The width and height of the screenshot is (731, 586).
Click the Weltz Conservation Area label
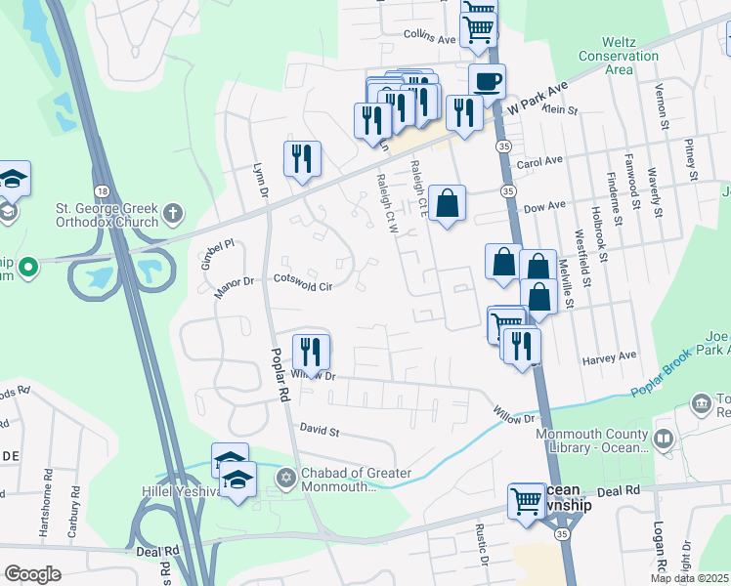coord(632,56)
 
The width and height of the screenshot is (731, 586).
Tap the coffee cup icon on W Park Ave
coord(486,80)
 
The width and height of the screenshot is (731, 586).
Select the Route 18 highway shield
coord(101,189)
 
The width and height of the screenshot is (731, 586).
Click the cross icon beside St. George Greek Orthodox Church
coord(172,212)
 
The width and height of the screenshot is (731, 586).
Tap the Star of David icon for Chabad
coord(286,478)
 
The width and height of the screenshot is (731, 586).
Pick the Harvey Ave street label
coord(608,356)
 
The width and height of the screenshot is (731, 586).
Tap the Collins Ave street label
coord(430,39)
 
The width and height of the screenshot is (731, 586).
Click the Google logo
coord(32,574)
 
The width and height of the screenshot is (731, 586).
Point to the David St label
coord(319,430)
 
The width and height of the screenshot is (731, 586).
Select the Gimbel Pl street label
coord(217,246)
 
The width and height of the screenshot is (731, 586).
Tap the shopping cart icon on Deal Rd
coord(526,500)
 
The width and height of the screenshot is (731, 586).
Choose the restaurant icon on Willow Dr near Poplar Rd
coord(311,350)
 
